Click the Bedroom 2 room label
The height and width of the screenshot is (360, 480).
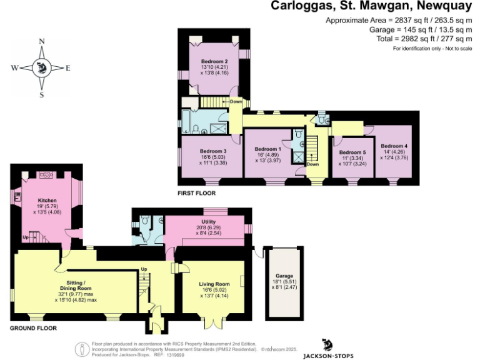[x=214, y=61]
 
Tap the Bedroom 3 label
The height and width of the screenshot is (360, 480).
[x=213, y=151]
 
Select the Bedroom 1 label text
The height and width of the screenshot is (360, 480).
[x=268, y=149]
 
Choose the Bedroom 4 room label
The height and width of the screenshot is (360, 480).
[x=394, y=146]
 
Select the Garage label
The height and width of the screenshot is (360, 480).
[x=284, y=276]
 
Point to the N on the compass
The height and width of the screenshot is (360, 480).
[x=42, y=41]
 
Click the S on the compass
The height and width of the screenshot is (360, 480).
[x=42, y=95]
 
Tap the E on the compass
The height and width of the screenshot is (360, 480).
[x=68, y=68]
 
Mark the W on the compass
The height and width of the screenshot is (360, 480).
[x=14, y=68]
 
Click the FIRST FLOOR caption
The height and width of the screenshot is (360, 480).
[x=197, y=194]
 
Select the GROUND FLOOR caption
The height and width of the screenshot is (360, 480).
[x=34, y=327]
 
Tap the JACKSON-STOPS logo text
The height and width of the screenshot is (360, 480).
[x=328, y=356]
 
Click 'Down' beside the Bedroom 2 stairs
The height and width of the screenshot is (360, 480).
[x=236, y=102]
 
